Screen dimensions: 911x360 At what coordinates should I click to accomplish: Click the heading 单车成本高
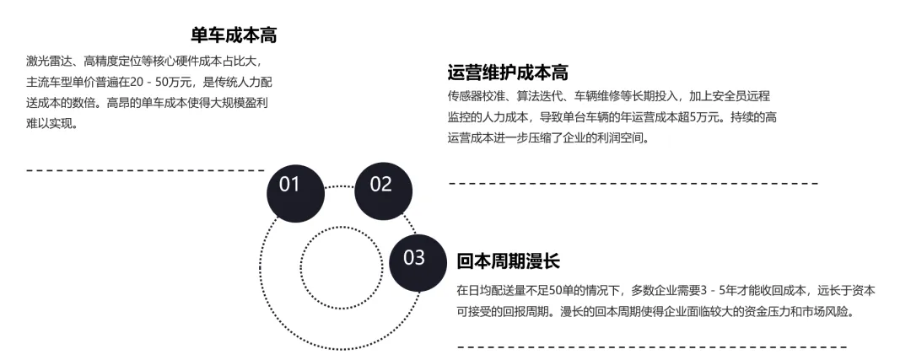(x=234, y=35)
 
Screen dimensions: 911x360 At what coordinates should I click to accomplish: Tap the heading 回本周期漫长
(x=508, y=261)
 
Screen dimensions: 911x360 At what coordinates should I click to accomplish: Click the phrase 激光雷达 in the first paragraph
(x=50, y=62)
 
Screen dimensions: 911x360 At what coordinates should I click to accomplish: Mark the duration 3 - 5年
(x=712, y=290)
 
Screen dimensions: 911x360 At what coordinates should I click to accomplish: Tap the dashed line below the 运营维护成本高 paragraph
(x=633, y=183)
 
